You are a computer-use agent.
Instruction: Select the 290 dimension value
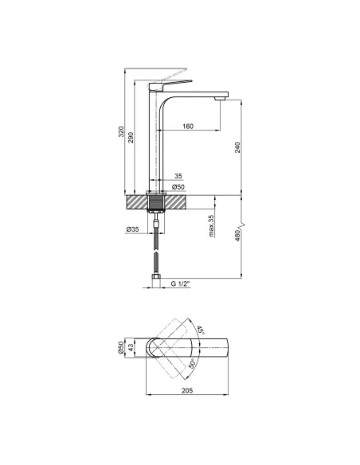(x=132, y=137)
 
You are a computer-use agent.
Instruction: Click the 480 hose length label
(x=239, y=236)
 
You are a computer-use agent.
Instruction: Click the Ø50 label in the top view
(x=122, y=349)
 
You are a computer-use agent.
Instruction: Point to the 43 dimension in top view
(x=132, y=349)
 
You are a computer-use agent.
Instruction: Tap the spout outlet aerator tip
(x=220, y=99)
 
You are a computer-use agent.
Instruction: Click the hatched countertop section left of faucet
(x=136, y=202)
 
